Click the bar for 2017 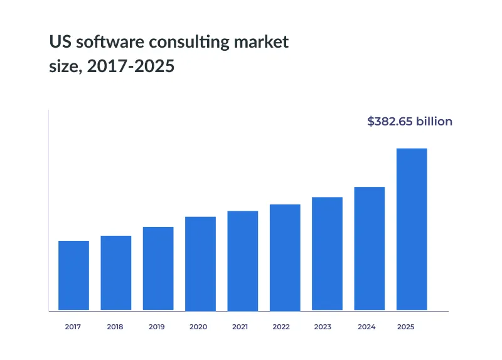point(73,275)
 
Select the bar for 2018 point(116,273)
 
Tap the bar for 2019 point(158,268)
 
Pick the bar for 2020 point(200,263)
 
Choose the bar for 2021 point(243,260)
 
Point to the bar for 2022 point(285,257)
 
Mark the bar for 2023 point(327,253)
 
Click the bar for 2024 point(370,248)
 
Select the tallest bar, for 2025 point(412,229)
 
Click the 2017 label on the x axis point(73,327)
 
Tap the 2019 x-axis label point(157,327)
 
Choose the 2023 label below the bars point(323,327)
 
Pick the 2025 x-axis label point(406,327)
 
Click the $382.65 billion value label point(409,122)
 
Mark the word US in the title point(58,43)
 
